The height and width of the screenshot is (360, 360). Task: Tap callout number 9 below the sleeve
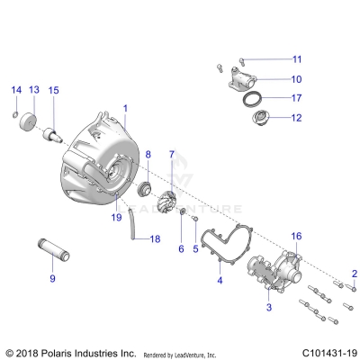(x=52, y=278)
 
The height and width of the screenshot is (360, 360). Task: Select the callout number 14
(x=15, y=90)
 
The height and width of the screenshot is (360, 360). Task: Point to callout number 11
(x=296, y=59)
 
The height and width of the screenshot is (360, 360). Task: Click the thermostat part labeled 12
(x=256, y=117)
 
